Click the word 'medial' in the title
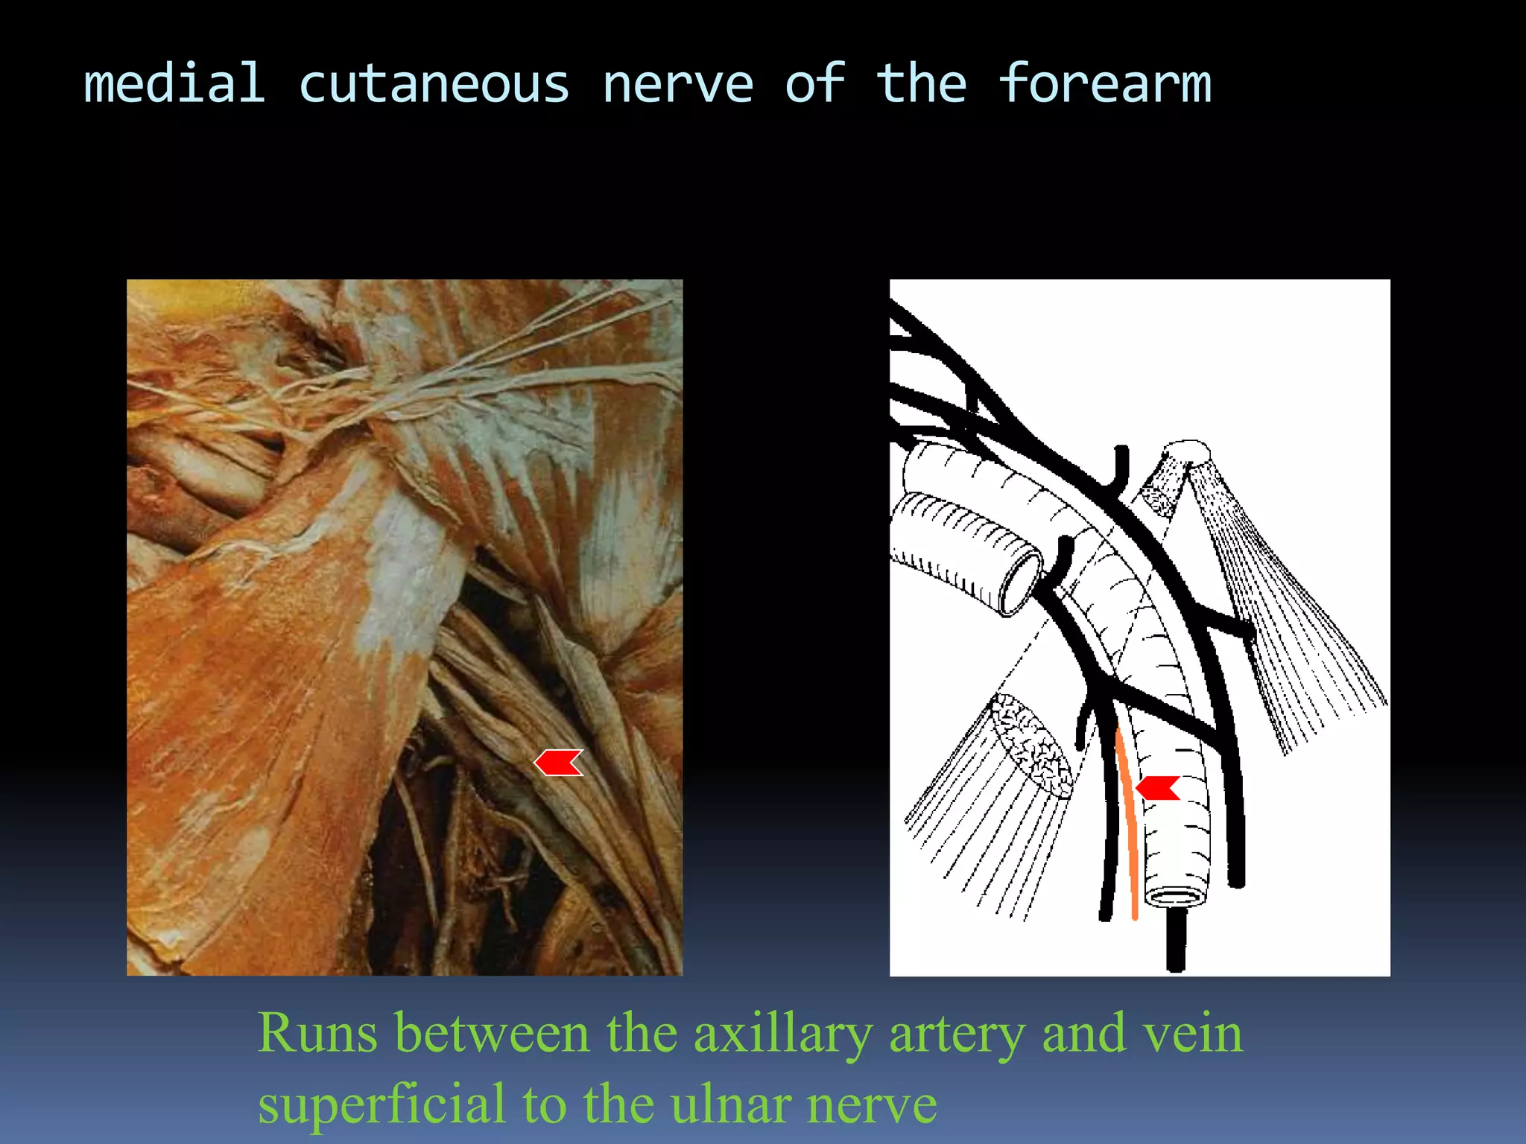coord(174,83)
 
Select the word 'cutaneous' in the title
coord(434,85)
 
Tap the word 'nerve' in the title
coord(678,85)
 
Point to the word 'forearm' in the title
coord(1105,83)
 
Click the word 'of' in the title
coord(815,83)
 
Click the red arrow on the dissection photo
coord(559,763)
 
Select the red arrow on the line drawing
coord(1158,787)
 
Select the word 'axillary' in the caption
coord(782,1035)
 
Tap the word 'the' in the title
coord(921,83)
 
